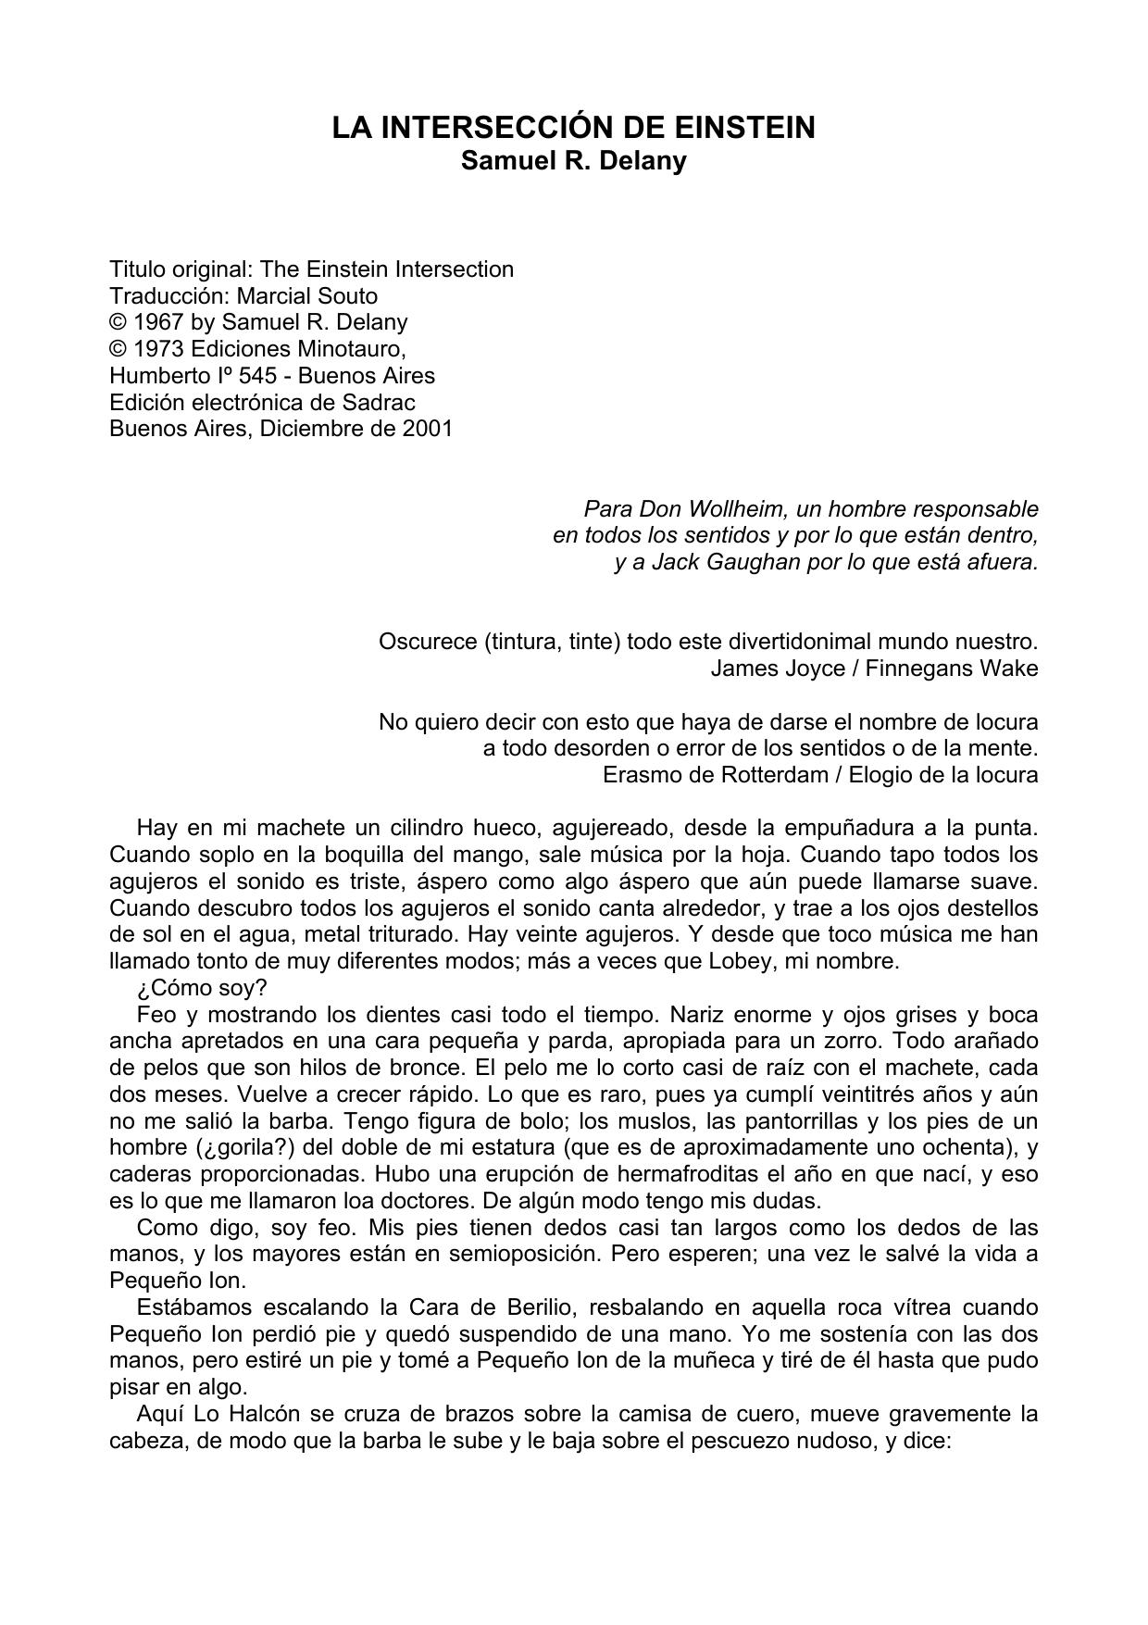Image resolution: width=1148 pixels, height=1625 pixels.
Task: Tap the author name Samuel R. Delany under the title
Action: click(x=574, y=160)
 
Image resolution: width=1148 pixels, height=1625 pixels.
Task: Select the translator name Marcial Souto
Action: click(x=307, y=296)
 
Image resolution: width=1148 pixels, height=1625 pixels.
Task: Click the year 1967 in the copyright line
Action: click(x=158, y=322)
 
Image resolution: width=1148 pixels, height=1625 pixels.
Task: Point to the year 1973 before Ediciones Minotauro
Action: click(x=158, y=349)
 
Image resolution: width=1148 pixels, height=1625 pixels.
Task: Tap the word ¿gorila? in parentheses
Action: click(x=244, y=1148)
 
